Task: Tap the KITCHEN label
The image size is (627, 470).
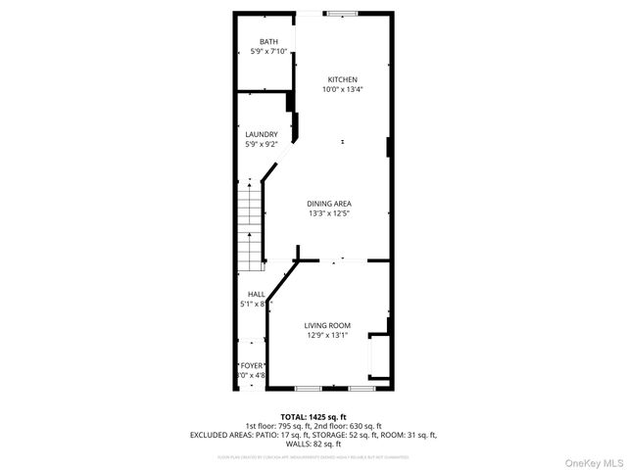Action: coord(342,79)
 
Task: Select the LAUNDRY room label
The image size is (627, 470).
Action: coord(262,134)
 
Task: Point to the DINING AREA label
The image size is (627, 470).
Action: coord(328,203)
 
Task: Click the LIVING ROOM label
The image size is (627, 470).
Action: coord(327,325)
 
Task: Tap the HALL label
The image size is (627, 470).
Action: coord(256,294)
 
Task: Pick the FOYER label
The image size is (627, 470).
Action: coord(253,364)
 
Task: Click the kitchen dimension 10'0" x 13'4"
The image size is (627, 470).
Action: coord(342,89)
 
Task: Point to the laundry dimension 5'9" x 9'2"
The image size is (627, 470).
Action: coord(262,144)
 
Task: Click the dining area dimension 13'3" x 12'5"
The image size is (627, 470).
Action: coord(328,212)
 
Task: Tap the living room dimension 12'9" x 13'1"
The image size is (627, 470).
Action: coord(327,335)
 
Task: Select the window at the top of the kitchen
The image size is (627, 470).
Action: coord(342,13)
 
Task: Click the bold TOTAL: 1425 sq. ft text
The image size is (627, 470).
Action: coord(313,416)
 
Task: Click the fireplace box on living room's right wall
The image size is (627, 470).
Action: coord(377,355)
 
